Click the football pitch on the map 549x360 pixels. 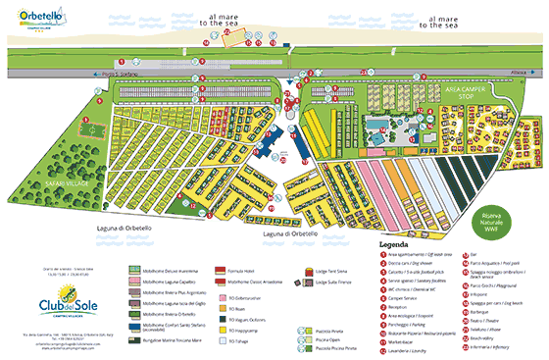(x=89, y=129)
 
